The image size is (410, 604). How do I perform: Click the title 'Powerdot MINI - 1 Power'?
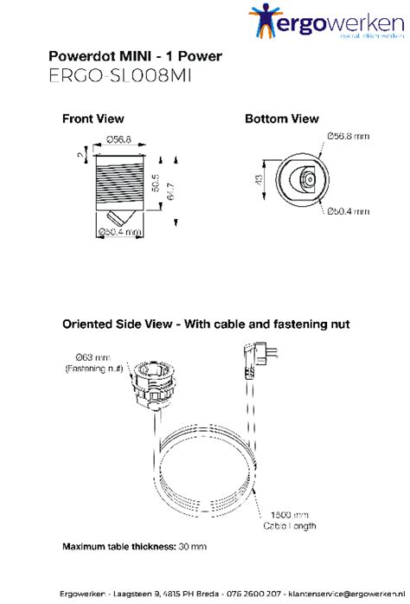tap(136, 57)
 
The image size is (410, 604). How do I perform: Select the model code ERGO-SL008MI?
tap(120, 76)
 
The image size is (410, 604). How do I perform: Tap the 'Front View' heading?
tap(93, 119)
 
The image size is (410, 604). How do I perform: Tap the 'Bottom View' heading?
tap(281, 119)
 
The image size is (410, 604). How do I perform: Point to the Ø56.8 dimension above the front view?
tap(118, 138)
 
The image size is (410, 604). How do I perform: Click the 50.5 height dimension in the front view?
tap(155, 185)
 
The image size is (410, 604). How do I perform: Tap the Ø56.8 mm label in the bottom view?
tap(349, 135)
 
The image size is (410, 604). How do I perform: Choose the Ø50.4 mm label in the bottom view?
tap(349, 211)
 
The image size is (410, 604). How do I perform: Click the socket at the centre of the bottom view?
tap(306, 179)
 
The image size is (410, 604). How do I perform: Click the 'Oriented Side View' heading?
tap(206, 324)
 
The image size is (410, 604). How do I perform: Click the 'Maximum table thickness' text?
tap(134, 546)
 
